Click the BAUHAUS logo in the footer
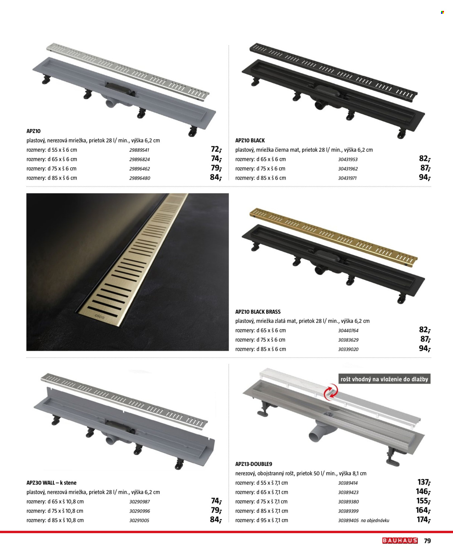click(x=400, y=540)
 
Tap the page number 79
click(x=427, y=541)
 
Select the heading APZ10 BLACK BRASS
click(x=258, y=312)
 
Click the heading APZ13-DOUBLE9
click(x=253, y=464)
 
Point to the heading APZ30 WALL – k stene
click(x=51, y=483)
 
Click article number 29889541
click(x=139, y=150)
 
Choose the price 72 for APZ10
click(x=216, y=149)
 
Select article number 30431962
click(x=348, y=169)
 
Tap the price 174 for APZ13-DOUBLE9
click(x=423, y=520)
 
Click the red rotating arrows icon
click(x=331, y=392)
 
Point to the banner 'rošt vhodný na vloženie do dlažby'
click(x=384, y=379)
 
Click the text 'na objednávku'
click(x=375, y=520)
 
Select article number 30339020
click(x=348, y=349)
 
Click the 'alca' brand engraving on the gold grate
click(x=100, y=317)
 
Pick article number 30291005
click(x=139, y=520)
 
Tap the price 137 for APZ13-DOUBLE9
click(x=424, y=482)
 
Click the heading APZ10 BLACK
click(x=250, y=140)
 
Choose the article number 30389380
click(x=348, y=501)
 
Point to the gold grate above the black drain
click(x=333, y=237)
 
